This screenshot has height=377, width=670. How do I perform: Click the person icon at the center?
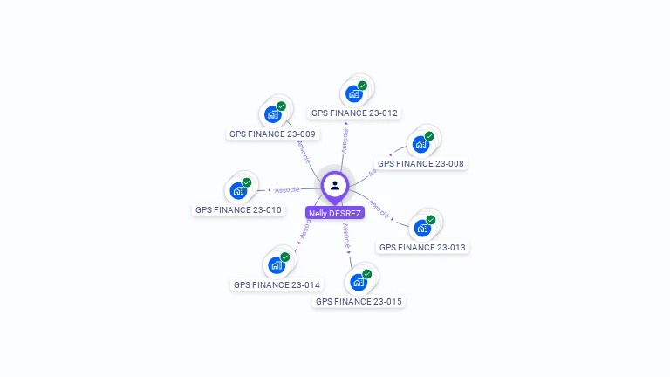pyautogui.click(x=335, y=186)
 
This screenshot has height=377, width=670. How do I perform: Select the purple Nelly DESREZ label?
pyautogui.click(x=335, y=213)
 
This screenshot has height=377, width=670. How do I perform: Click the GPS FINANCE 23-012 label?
pyautogui.click(x=354, y=113)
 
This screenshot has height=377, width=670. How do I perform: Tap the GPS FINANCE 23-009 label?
pyautogui.click(x=272, y=134)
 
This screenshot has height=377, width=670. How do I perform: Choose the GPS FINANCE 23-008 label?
pyautogui.click(x=420, y=163)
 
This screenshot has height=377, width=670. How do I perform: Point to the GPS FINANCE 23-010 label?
pyautogui.click(x=238, y=209)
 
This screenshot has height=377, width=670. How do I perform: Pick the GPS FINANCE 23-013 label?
pyautogui.click(x=423, y=247)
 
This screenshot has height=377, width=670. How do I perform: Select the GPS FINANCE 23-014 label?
pyautogui.click(x=277, y=284)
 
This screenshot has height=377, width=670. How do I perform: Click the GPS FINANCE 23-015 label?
pyautogui.click(x=359, y=301)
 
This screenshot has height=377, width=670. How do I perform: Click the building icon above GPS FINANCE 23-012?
pyautogui.click(x=353, y=93)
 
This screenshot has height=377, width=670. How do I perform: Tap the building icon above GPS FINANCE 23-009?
pyautogui.click(x=272, y=114)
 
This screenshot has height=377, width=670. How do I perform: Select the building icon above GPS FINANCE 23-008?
pyautogui.click(x=420, y=144)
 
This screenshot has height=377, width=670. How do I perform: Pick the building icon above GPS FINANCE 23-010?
pyautogui.click(x=237, y=190)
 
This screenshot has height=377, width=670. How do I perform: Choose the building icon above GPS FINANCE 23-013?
pyautogui.click(x=422, y=228)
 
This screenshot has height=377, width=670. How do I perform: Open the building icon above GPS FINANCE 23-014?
pyautogui.click(x=276, y=265)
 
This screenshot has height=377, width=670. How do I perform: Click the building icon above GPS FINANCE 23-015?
pyautogui.click(x=358, y=282)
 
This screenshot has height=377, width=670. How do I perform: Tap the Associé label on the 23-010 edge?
pyautogui.click(x=287, y=189)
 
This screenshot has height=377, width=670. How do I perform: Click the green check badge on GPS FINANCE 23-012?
pyautogui.click(x=362, y=86)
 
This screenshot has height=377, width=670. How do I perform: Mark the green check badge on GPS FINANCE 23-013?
pyautogui.click(x=431, y=220)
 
